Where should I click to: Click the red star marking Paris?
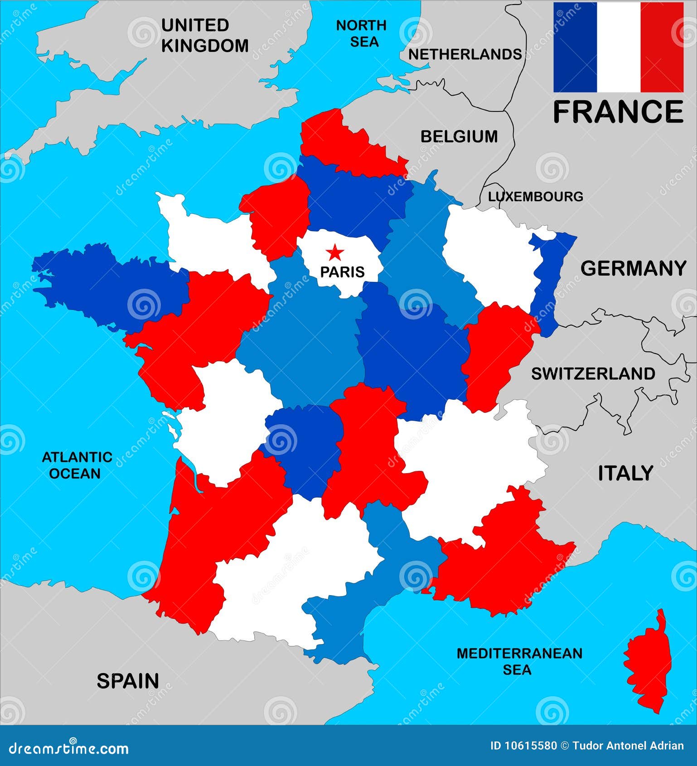pyautogui.click(x=335, y=252)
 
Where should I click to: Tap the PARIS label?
pyautogui.click(x=342, y=271)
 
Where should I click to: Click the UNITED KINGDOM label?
pyautogui.click(x=204, y=35)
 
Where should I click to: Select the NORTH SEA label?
pyautogui.click(x=361, y=34)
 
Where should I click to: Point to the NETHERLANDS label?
pyautogui.click(x=465, y=54)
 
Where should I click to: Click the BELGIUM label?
pyautogui.click(x=459, y=136)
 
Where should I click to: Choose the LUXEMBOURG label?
pyautogui.click(x=535, y=196)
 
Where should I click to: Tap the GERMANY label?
pyautogui.click(x=633, y=268)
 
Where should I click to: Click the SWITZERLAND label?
pyautogui.click(x=593, y=373)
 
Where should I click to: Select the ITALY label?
pyautogui.click(x=625, y=473)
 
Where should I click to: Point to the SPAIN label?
pyautogui.click(x=128, y=681)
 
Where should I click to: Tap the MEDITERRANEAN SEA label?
pyautogui.click(x=519, y=661)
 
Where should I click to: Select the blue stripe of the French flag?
pyautogui.click(x=575, y=47)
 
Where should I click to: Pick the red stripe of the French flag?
pyautogui.click(x=662, y=47)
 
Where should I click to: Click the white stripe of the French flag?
pyautogui.click(x=618, y=47)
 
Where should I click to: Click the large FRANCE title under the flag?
pyautogui.click(x=618, y=112)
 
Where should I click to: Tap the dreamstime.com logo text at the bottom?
pyautogui.click(x=68, y=748)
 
